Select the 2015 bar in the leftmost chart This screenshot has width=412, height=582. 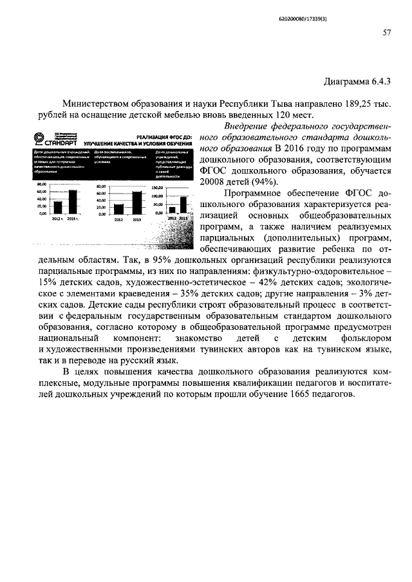tap(73, 201)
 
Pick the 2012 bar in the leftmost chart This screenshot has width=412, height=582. tap(57, 207)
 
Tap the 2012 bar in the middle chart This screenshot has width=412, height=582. tap(118, 208)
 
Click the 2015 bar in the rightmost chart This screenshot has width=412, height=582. tap(184, 204)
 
